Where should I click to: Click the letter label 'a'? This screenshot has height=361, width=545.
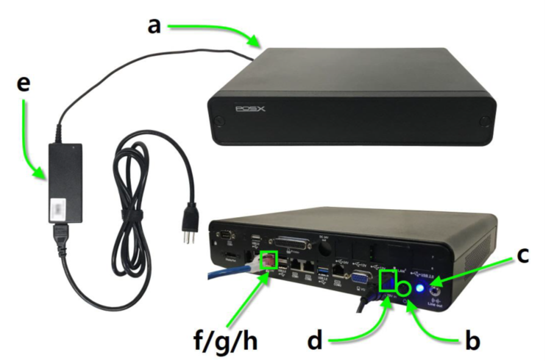point(155,27)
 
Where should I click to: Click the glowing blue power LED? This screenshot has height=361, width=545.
point(421,287)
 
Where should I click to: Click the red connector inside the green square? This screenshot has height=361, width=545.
point(268,261)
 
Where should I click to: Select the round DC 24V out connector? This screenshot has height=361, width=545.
point(325,247)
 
